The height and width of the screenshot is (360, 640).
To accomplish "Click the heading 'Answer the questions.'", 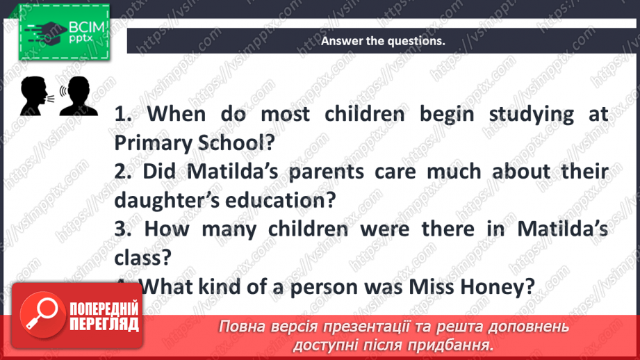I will point(382,41).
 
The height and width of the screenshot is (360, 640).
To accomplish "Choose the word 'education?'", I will point(284,200).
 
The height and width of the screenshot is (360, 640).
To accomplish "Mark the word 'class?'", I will point(143,258).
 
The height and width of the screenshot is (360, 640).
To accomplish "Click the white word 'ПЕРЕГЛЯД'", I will point(104,323).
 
